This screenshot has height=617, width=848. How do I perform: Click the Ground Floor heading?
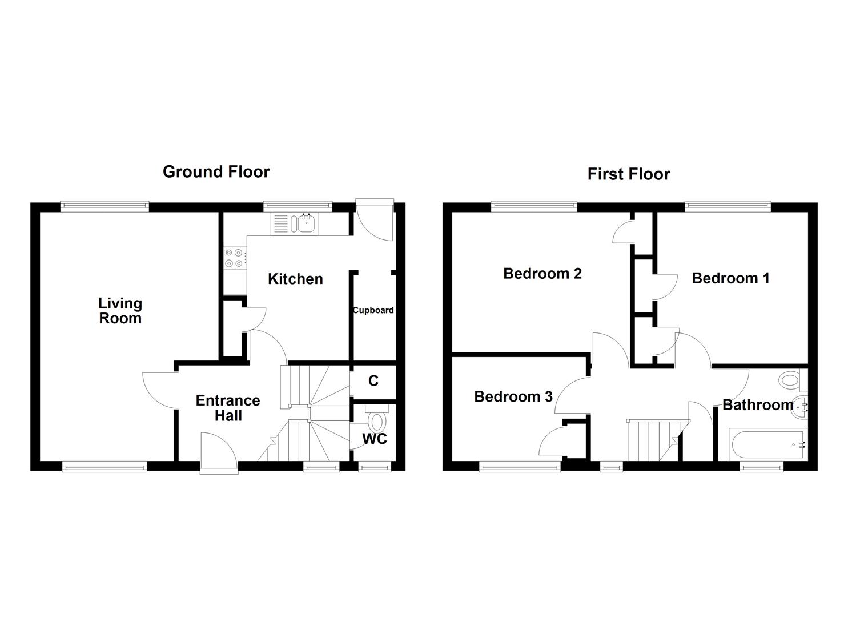(x=216, y=171)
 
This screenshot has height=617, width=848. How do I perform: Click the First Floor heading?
(x=628, y=174)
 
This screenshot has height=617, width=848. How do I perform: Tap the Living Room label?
(x=120, y=311)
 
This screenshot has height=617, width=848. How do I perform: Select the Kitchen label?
(x=295, y=279)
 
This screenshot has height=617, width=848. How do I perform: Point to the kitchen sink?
(x=305, y=223)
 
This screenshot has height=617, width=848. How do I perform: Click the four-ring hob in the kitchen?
(x=234, y=258)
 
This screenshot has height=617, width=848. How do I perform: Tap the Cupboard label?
(x=373, y=310)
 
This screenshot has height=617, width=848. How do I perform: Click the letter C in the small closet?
(x=373, y=381)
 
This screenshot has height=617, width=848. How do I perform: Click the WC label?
(x=375, y=439)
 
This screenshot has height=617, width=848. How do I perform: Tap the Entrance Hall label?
(x=227, y=408)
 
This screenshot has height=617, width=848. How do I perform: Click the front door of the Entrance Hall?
(x=219, y=454)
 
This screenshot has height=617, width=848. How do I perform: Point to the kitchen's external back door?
(x=375, y=220)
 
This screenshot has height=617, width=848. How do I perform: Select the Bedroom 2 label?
(x=542, y=274)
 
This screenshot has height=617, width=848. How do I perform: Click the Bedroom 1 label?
(x=730, y=278)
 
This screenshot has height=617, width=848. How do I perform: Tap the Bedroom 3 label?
(x=513, y=396)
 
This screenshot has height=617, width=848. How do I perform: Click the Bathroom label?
(x=757, y=405)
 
